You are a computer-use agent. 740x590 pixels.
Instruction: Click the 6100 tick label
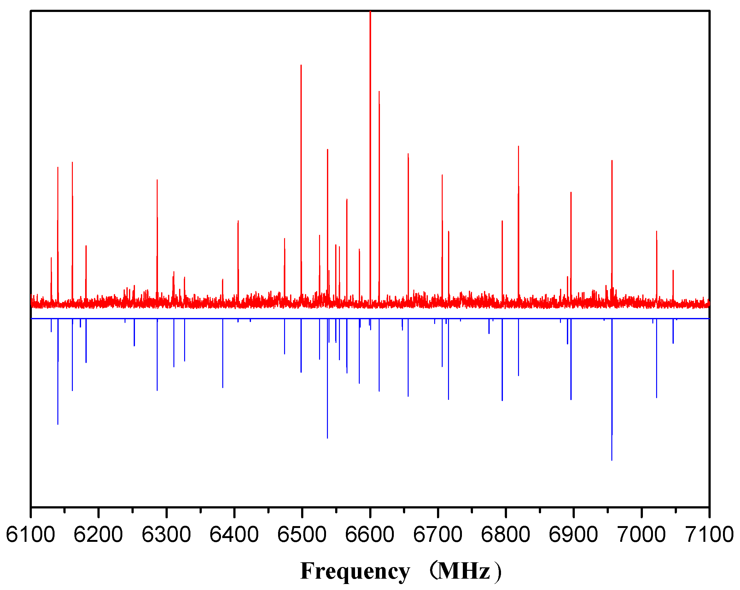31,535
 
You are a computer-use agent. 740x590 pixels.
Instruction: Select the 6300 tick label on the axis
166,535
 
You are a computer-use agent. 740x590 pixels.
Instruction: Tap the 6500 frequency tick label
302,535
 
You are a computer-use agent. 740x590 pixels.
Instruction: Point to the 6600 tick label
370,535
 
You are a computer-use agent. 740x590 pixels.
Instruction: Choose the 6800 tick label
505,535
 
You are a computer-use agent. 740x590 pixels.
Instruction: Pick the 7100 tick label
709,535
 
